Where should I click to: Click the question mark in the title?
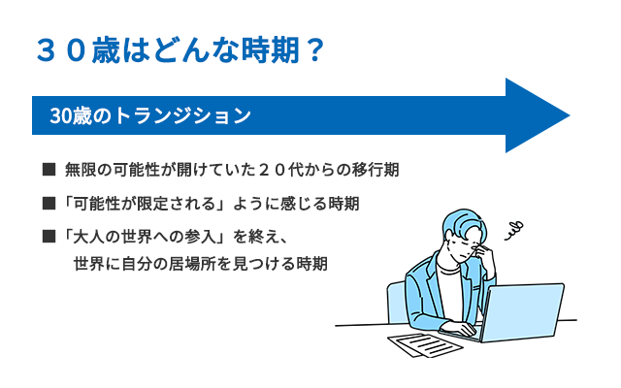314,50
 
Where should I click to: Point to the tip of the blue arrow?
570,115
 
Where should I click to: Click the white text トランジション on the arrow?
182,115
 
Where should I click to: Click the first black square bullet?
49,169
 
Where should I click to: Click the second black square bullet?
49,204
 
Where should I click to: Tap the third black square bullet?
49,237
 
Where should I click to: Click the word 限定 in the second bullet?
152,204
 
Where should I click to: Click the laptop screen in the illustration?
523,312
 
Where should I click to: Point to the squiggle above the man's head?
514,231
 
